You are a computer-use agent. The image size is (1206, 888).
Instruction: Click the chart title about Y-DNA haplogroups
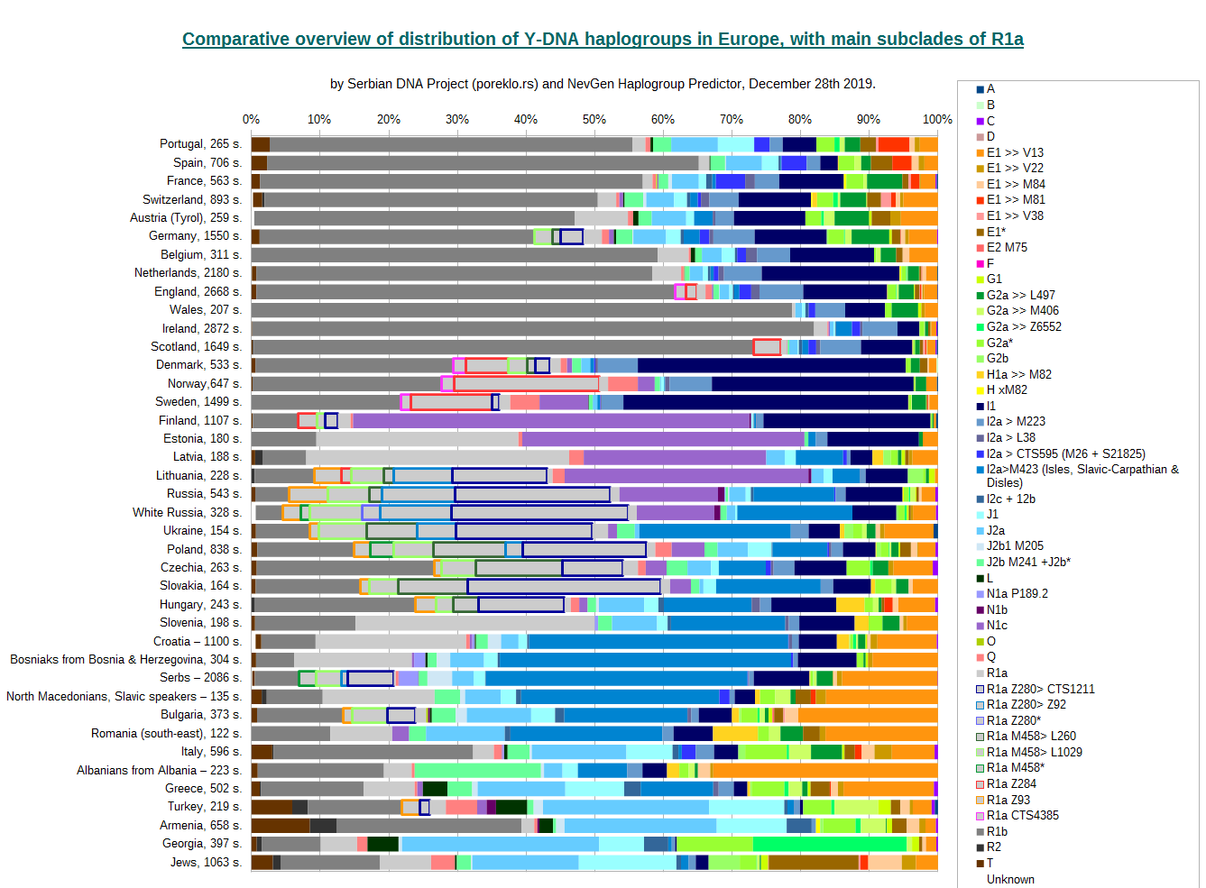point(603,40)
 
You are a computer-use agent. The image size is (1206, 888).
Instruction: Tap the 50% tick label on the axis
point(594,119)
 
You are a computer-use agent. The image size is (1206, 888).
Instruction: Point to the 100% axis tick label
point(937,119)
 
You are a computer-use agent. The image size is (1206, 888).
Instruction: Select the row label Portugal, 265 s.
point(200,144)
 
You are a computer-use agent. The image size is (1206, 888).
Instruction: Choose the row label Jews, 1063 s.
point(206,863)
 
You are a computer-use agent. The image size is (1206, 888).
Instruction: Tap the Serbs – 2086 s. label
point(200,678)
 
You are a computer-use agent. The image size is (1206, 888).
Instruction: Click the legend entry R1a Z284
point(1011,783)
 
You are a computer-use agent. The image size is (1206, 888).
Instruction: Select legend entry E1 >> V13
point(1015,152)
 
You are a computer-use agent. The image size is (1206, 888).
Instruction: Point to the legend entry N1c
point(997,626)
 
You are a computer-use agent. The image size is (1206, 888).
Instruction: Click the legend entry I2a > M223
point(1016,421)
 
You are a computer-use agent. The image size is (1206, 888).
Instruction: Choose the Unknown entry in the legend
point(1010,879)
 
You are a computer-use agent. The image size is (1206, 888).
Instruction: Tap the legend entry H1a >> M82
point(1018,374)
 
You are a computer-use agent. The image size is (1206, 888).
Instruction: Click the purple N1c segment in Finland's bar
point(550,420)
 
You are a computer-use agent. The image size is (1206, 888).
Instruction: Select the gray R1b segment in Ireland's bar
point(532,328)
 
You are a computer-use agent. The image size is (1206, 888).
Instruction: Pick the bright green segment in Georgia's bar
point(829,844)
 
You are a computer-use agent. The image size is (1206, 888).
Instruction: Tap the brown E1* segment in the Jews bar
point(813,863)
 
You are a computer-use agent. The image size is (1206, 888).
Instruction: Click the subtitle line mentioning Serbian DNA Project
point(603,84)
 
